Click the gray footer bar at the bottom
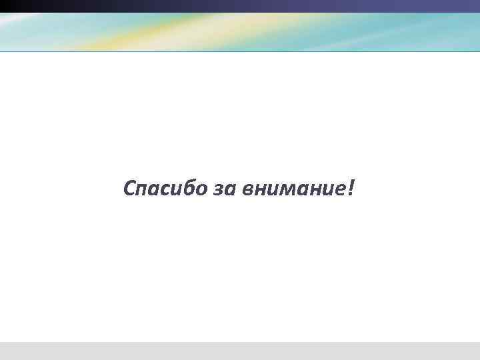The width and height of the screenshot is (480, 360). pyautogui.click(x=240, y=351)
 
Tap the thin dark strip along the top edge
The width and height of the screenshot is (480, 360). pyautogui.click(x=240, y=6)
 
